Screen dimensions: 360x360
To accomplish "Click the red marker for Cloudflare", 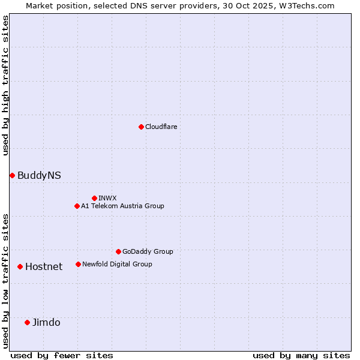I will click(141, 127).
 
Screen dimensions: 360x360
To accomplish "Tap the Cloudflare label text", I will click(161, 127).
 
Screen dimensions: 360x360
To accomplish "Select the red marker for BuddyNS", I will click(12, 175).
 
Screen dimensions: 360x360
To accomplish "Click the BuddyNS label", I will click(39, 175).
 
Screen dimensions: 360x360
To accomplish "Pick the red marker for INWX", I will click(94, 198).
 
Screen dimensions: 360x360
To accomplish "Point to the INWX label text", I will click(107, 198).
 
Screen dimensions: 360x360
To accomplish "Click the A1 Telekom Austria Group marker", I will click(77, 206).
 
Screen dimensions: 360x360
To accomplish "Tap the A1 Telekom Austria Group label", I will click(122, 206).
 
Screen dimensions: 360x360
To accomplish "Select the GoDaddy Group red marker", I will click(118, 251).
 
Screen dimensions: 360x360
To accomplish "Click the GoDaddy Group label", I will click(148, 251).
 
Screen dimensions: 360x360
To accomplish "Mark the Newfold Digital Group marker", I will click(78, 264).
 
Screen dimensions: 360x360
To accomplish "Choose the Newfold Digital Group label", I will click(117, 264).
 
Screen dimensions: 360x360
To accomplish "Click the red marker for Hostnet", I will click(20, 266).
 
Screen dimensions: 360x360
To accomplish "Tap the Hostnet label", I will click(44, 266).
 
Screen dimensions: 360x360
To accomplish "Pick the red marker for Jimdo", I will click(27, 322).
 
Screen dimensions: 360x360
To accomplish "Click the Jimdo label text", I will click(46, 322).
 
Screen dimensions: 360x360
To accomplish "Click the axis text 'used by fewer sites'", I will click(62, 355).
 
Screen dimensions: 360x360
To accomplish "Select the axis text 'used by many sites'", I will click(301, 355).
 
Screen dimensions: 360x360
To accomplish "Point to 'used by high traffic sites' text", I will click(5, 85).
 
